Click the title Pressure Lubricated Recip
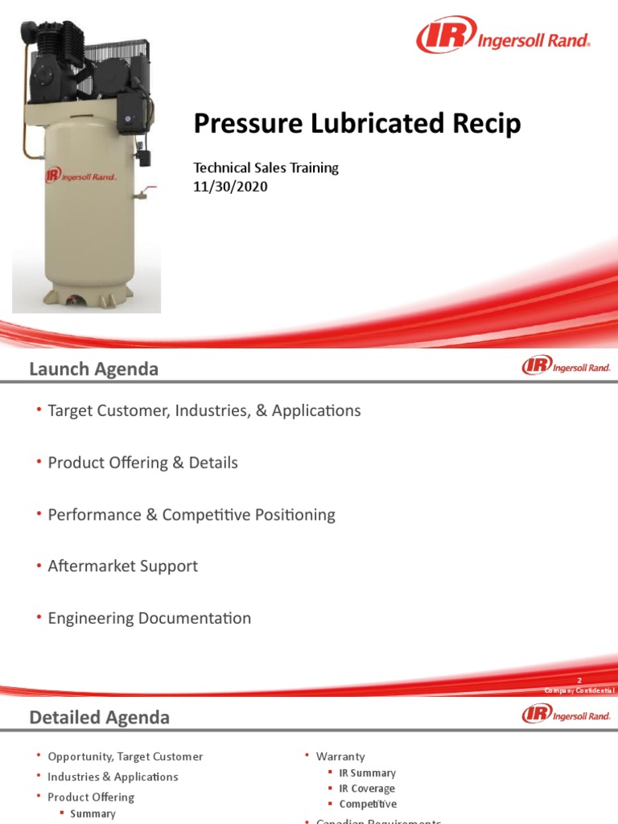(x=357, y=125)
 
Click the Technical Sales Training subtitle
(x=266, y=168)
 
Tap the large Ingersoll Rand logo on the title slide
(x=503, y=37)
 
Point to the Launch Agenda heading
(x=93, y=369)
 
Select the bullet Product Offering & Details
(x=142, y=463)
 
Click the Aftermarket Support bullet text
(x=122, y=566)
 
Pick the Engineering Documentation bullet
(x=149, y=618)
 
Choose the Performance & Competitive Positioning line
(x=192, y=514)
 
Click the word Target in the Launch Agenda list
(x=71, y=410)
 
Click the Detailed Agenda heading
(x=99, y=717)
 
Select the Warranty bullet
(x=340, y=756)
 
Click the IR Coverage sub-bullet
(x=367, y=789)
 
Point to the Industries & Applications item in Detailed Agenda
(x=113, y=777)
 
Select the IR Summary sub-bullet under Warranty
(x=367, y=772)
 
